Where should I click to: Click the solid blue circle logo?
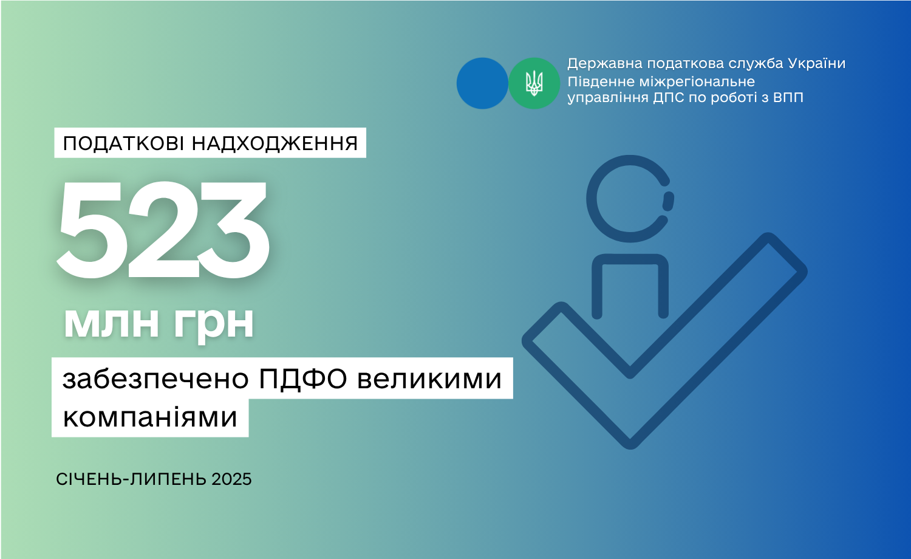click(482, 83)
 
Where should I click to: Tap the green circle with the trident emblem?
click(534, 83)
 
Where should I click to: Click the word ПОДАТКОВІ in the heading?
click(125, 143)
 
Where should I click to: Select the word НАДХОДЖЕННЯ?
click(275, 143)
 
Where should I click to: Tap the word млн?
click(111, 323)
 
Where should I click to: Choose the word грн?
click(214, 326)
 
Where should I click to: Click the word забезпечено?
click(155, 379)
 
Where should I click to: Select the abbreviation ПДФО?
click(302, 379)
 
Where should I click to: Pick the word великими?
click(429, 379)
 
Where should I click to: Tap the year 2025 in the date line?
click(231, 479)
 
